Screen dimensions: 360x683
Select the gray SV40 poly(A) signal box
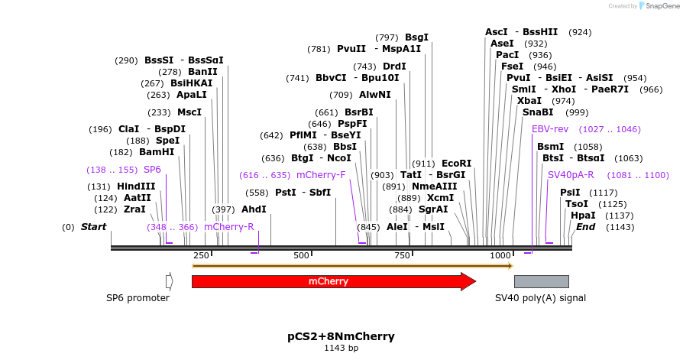coord(541,281)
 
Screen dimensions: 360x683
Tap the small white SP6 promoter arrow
coord(169,281)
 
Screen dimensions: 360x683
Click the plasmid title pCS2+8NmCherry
coord(341,336)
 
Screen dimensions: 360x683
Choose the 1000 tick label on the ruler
coord(500,255)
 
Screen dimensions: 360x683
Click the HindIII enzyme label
coord(136,186)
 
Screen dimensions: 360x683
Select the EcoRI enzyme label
coord(457,164)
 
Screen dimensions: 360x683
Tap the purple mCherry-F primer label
coord(321,175)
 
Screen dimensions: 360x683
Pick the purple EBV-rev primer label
coord(550,129)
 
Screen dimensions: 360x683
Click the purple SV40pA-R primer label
coord(571,175)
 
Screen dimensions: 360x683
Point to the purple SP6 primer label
coord(152,169)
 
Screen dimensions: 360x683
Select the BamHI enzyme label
coord(157,152)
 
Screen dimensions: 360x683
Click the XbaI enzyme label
coord(529,101)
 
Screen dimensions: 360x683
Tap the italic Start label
coord(93,227)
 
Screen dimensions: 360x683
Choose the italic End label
coord(585,227)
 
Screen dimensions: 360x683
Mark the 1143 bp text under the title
coord(341,349)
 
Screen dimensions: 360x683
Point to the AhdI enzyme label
coord(254,209)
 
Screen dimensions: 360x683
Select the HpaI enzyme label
coord(583,216)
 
